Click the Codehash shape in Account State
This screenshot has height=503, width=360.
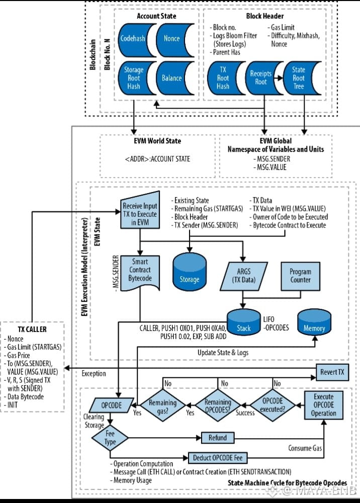click(133, 38)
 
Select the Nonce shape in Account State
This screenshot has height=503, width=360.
click(172, 38)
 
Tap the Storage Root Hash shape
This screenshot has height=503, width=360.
click(133, 78)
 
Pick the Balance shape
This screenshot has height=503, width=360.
click(172, 78)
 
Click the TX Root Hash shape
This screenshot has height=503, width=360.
click(223, 78)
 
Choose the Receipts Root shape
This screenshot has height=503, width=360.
click(260, 77)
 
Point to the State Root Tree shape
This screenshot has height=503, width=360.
click(299, 77)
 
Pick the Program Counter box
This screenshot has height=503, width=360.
click(300, 276)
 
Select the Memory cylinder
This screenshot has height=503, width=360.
click(314, 324)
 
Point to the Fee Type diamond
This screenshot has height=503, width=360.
click(110, 438)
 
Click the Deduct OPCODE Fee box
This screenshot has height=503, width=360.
click(218, 458)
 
